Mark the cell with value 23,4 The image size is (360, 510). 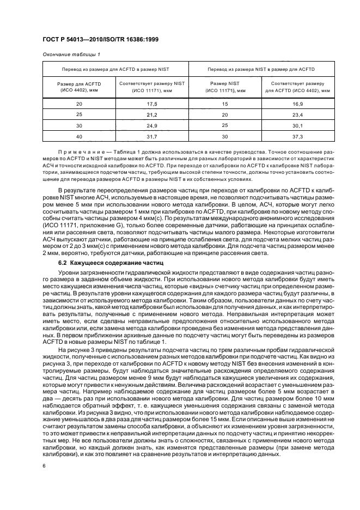click(x=298, y=114)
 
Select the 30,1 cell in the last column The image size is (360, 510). click(x=298, y=125)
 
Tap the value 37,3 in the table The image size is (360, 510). click(x=298, y=136)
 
